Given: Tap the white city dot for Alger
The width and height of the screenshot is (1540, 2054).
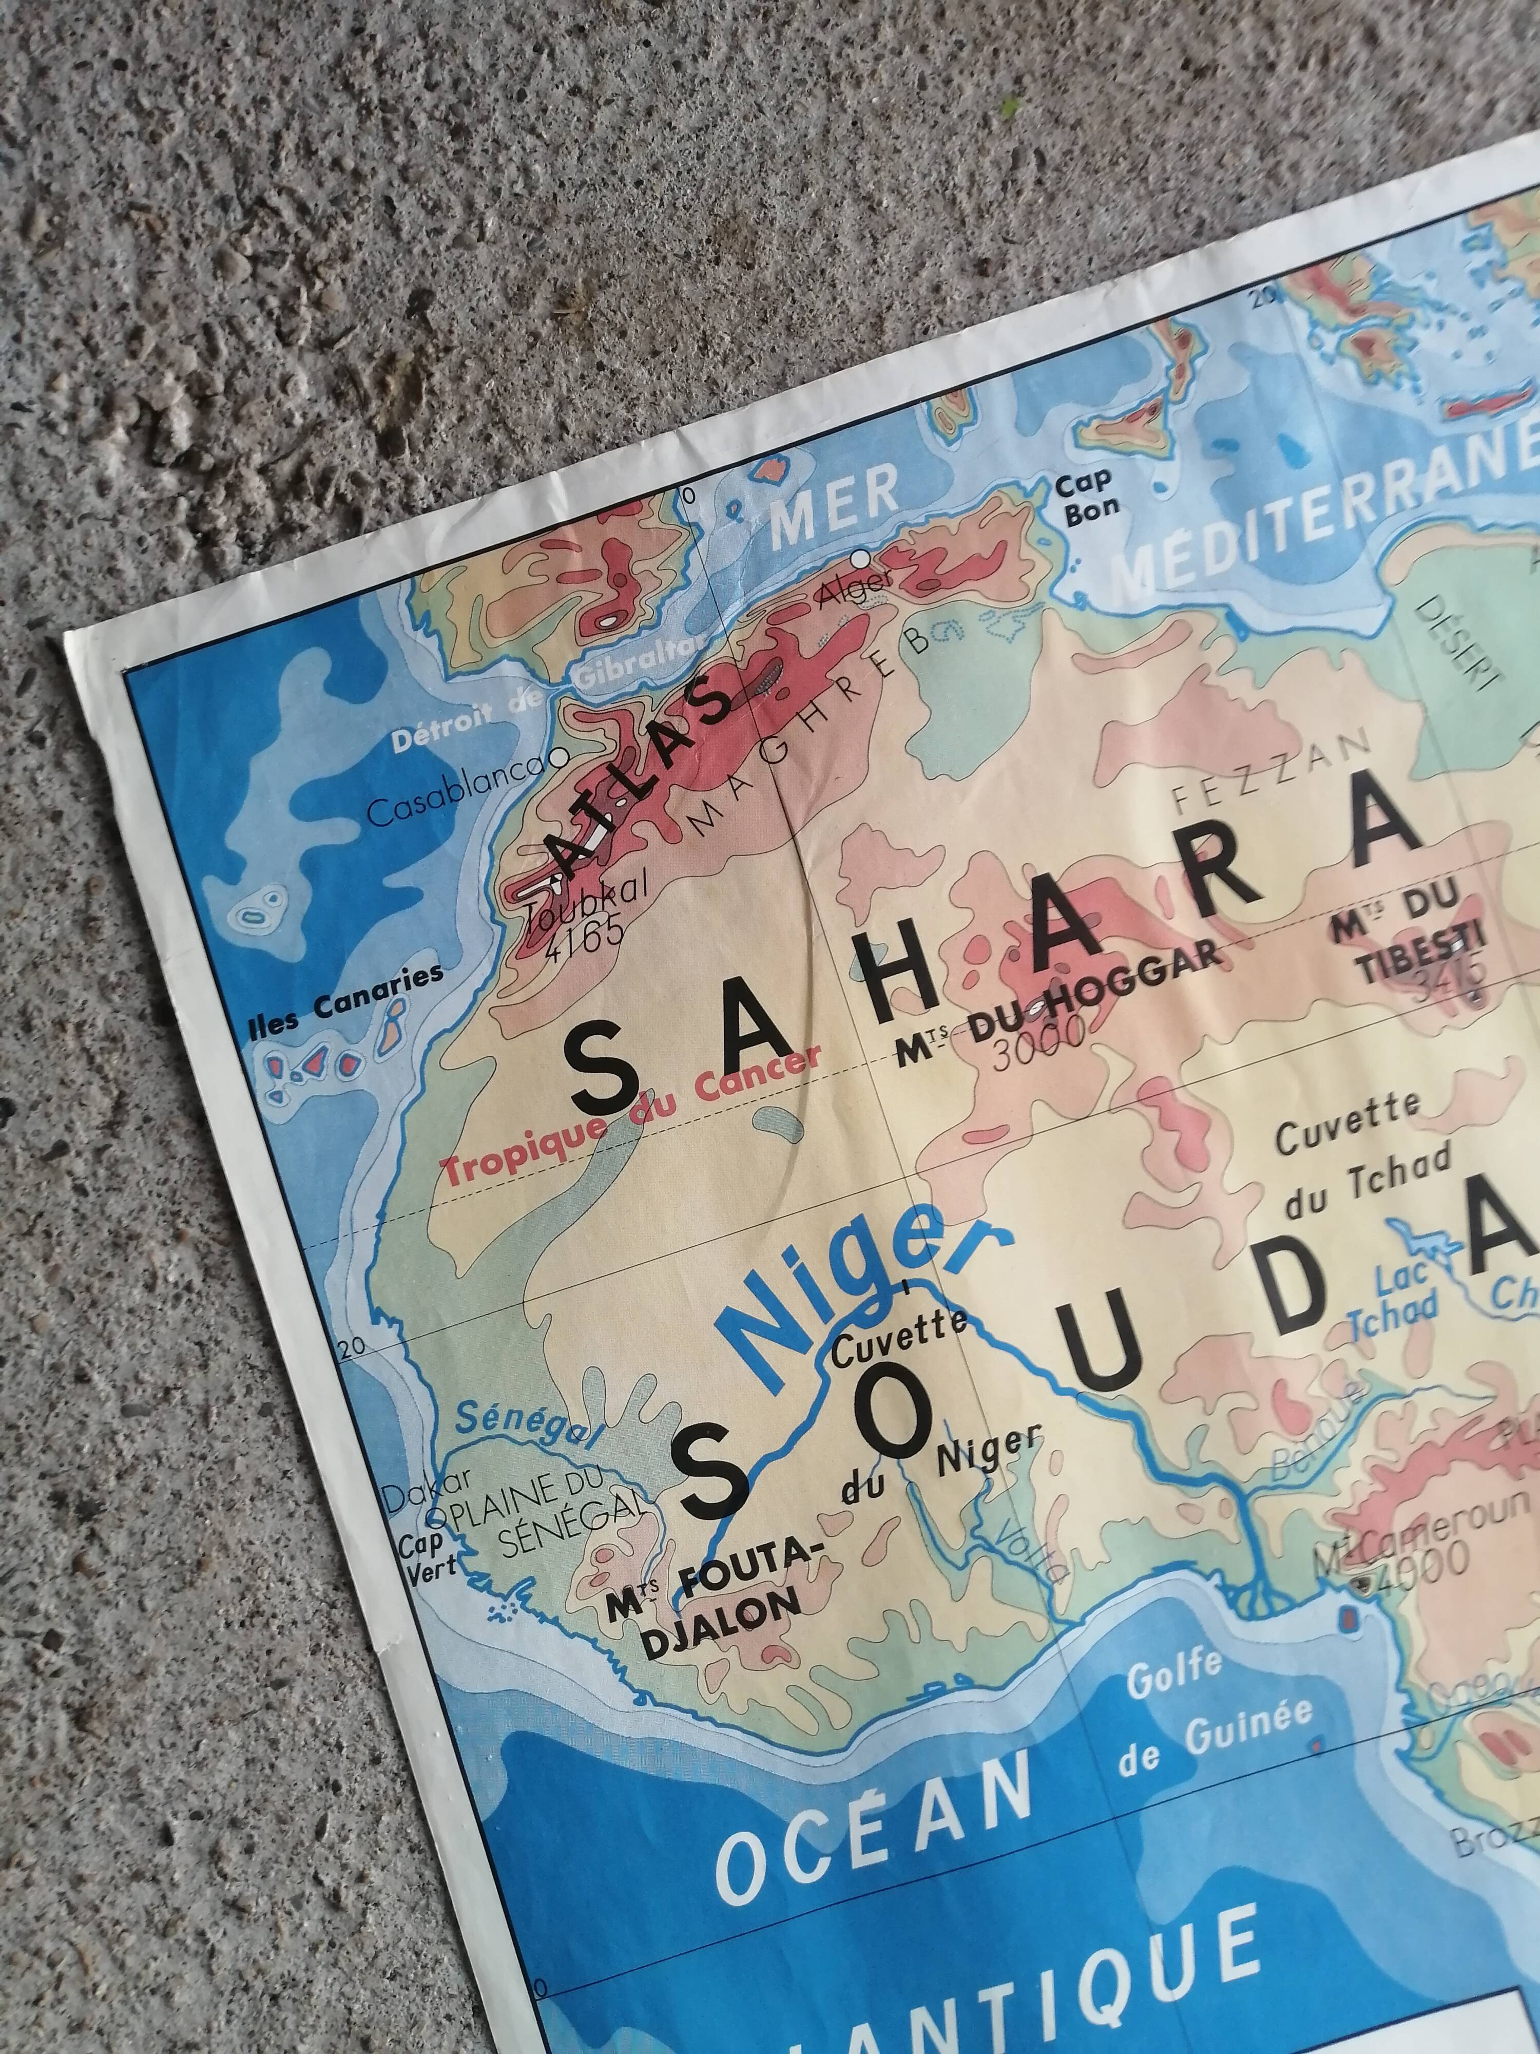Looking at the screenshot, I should (862, 557).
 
